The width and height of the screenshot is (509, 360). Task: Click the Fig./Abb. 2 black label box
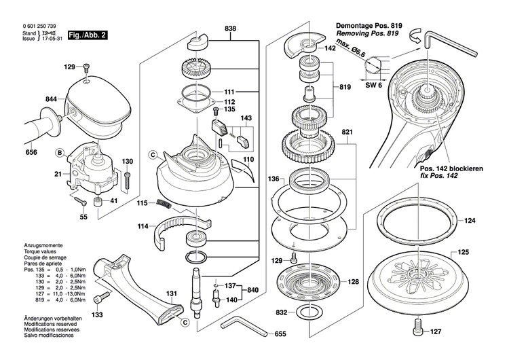click(88, 35)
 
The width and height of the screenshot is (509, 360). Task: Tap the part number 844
click(51, 99)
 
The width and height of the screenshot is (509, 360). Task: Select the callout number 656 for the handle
click(31, 152)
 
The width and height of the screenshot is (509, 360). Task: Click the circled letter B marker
click(60, 153)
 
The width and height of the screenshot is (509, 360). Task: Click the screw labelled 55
click(80, 201)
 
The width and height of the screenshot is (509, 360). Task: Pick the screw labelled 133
click(102, 298)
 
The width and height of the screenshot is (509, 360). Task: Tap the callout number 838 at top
click(231, 29)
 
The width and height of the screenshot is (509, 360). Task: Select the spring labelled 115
click(164, 204)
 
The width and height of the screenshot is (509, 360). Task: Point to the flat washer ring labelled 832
click(311, 313)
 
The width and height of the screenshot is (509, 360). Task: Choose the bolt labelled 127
click(418, 327)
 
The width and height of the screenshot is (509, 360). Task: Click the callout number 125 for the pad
click(464, 252)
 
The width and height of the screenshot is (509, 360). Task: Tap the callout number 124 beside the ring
click(470, 221)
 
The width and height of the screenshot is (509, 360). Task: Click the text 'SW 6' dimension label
click(374, 85)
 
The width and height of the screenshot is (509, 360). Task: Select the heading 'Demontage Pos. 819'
click(369, 26)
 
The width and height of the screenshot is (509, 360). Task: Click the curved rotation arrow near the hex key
click(415, 35)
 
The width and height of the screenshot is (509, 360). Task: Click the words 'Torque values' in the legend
click(40, 251)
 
